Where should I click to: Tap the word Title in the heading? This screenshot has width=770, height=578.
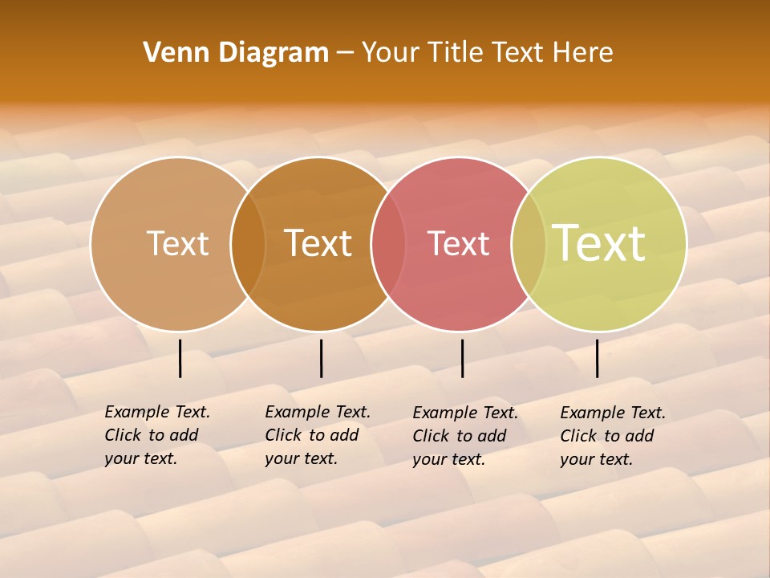pyautogui.click(x=456, y=53)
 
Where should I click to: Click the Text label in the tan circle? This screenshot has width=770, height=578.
pyautogui.click(x=177, y=243)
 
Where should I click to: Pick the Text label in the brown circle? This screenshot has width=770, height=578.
pyautogui.click(x=318, y=243)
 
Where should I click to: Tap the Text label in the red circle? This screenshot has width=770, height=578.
pyautogui.click(x=459, y=244)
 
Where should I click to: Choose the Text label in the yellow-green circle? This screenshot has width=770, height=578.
pyautogui.click(x=599, y=243)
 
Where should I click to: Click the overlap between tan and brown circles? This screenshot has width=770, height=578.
pyautogui.click(x=248, y=244)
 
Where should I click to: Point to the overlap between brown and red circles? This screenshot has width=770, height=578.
pyautogui.click(x=389, y=244)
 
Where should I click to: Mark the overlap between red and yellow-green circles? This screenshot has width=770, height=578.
pyautogui.click(x=529, y=244)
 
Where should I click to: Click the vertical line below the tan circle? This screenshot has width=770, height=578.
pyautogui.click(x=180, y=358)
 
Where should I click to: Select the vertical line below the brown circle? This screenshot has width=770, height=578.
pyautogui.click(x=321, y=358)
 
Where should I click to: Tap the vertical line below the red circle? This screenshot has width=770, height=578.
pyautogui.click(x=463, y=358)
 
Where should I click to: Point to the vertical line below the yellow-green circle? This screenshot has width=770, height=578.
pyautogui.click(x=598, y=358)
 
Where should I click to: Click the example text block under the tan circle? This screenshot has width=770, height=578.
pyautogui.click(x=156, y=435)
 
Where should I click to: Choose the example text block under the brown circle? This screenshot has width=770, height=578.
pyautogui.click(x=317, y=435)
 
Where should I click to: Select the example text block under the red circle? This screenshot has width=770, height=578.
pyautogui.click(x=464, y=436)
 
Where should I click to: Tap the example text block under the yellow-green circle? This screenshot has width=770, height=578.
pyautogui.click(x=612, y=436)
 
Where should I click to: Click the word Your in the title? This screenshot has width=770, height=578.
pyautogui.click(x=391, y=53)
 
